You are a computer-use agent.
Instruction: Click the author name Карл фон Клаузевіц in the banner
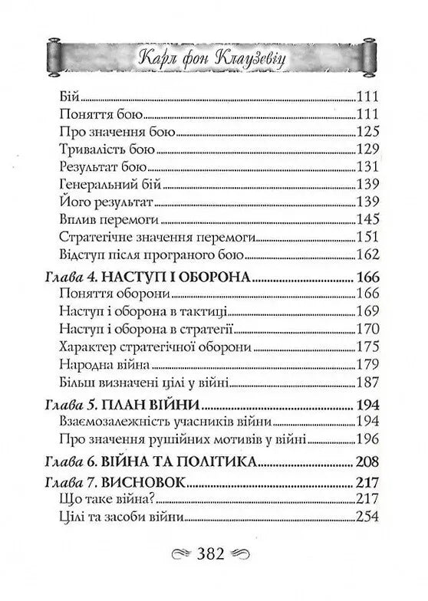[x=214, y=57]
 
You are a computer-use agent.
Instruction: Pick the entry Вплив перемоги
[x=96, y=219]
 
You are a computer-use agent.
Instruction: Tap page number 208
[x=366, y=463]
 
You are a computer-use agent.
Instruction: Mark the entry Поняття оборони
[x=101, y=293]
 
